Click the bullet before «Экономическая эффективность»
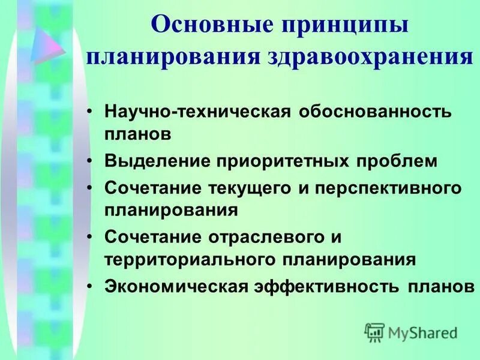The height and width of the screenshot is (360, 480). click(91, 287)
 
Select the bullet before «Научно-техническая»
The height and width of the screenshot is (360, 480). click(91, 113)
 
